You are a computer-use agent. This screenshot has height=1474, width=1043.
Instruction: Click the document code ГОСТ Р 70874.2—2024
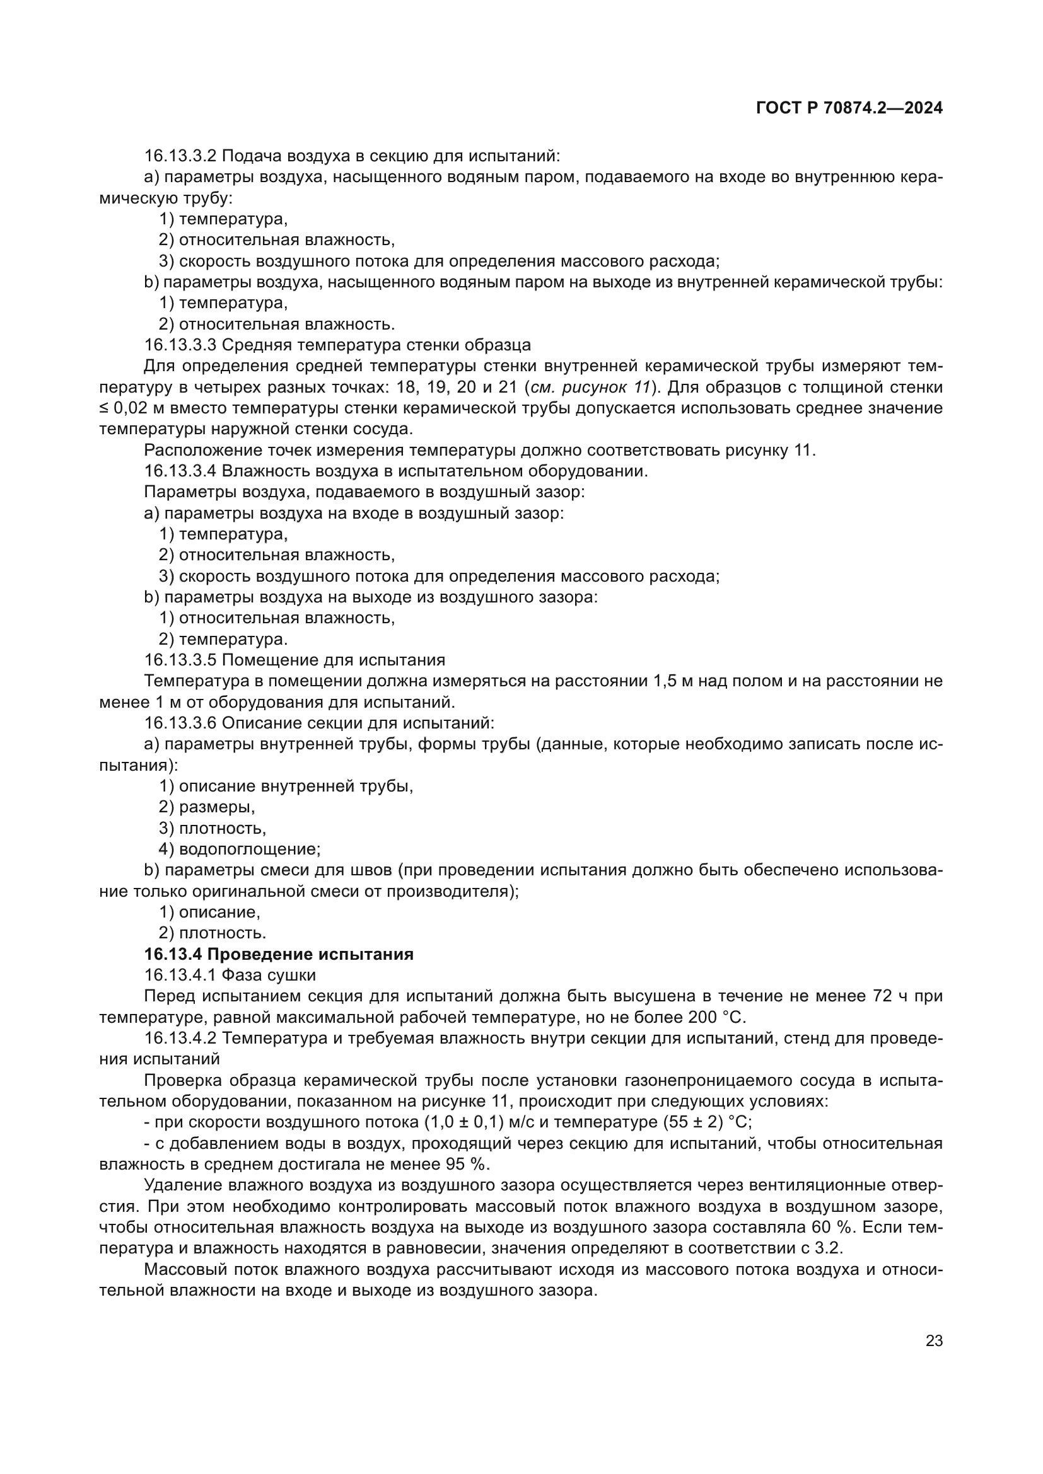849,108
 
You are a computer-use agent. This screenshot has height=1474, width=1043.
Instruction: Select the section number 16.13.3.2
180,156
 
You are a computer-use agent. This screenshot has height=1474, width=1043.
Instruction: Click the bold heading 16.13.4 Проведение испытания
279,954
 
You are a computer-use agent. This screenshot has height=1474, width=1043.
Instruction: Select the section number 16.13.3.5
180,660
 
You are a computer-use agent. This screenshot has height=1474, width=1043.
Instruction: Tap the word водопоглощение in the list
249,849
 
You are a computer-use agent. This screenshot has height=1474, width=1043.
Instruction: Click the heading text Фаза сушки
269,975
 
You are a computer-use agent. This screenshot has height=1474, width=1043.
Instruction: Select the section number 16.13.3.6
180,723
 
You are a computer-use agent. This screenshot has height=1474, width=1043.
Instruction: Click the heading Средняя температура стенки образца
376,345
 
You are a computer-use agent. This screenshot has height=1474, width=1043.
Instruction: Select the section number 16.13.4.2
180,1038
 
